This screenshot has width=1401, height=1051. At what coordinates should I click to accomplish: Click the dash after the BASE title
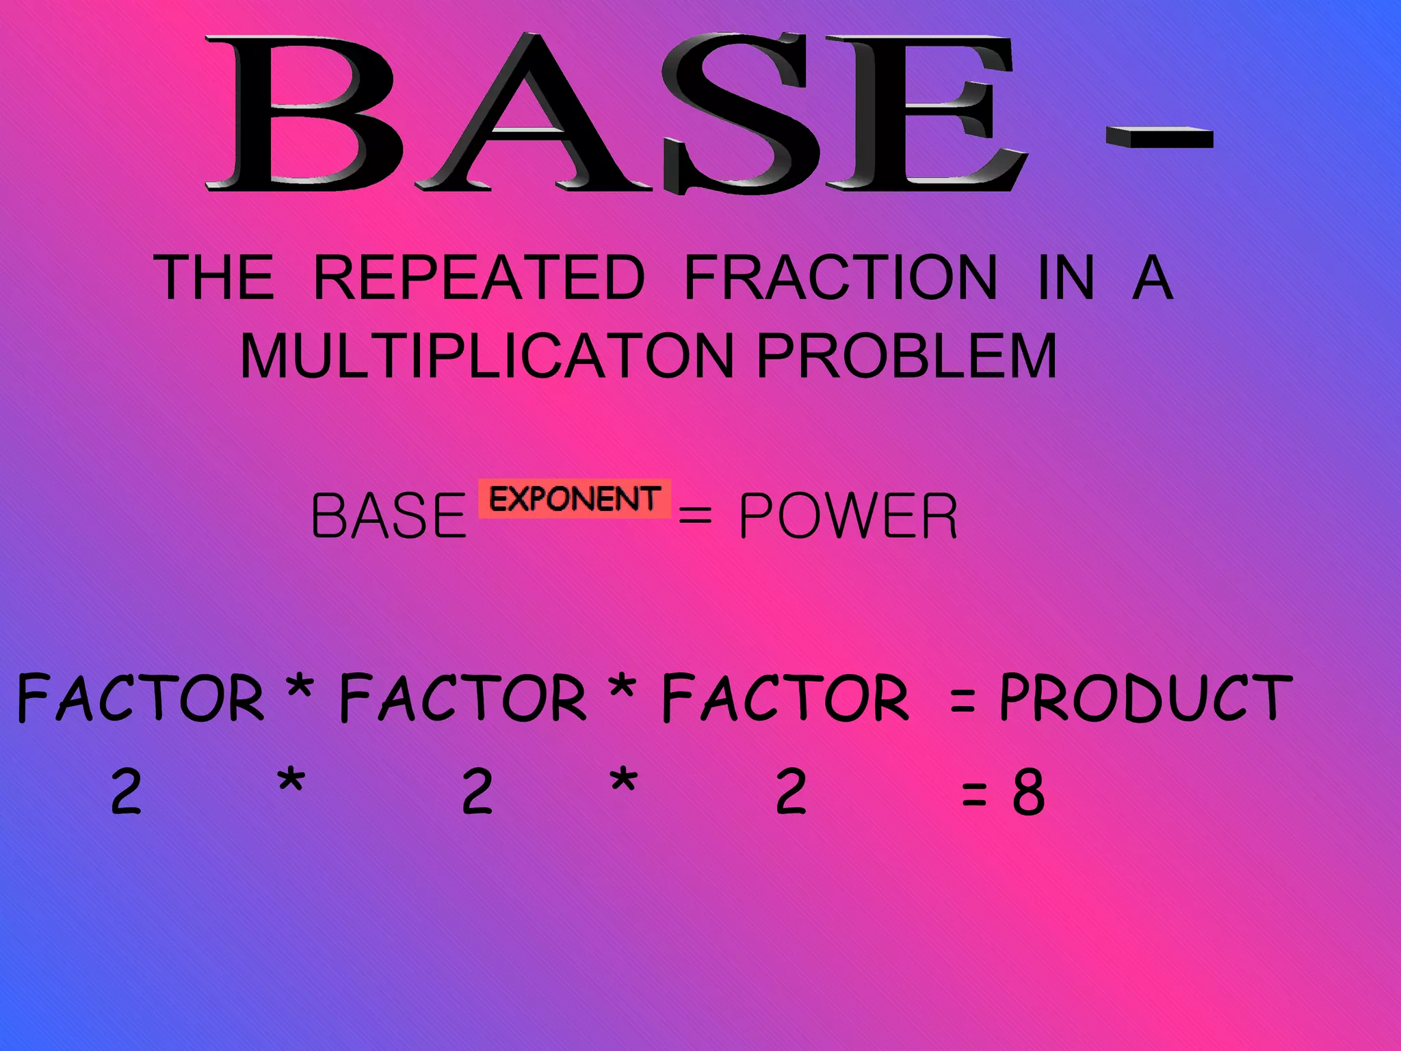[1160, 138]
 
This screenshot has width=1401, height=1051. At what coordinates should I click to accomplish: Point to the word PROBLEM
[907, 356]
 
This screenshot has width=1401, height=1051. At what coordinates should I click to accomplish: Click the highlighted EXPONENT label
[575, 499]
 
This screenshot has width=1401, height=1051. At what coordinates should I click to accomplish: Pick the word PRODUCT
[1145, 698]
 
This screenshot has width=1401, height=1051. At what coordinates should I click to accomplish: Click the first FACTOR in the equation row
[140, 698]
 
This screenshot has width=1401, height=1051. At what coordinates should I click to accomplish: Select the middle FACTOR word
[463, 698]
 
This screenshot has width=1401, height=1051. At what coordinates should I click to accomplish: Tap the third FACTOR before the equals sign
[786, 698]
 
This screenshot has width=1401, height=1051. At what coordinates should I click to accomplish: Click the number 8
[1029, 792]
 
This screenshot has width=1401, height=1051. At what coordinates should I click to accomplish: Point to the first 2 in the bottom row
[127, 792]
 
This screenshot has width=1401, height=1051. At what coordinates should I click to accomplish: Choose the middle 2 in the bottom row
[477, 792]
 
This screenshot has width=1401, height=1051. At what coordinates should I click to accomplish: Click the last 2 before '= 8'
[791, 792]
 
